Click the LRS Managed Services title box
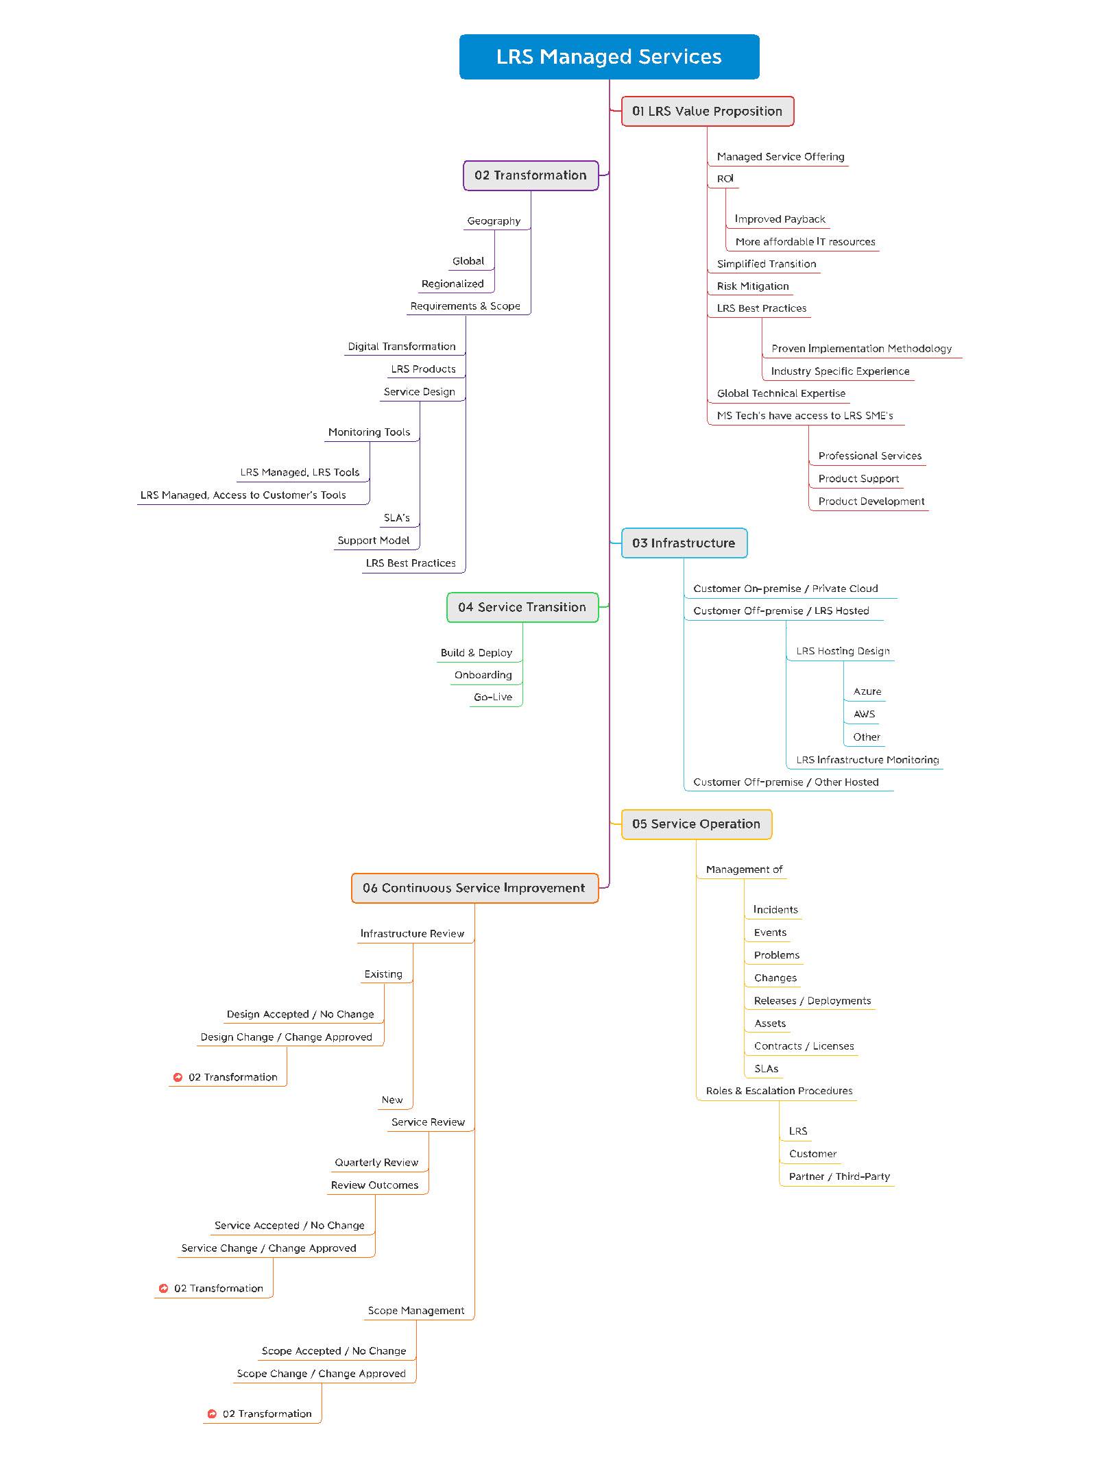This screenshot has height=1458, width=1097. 609,57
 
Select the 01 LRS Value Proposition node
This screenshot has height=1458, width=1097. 708,111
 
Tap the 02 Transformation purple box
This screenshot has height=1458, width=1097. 531,175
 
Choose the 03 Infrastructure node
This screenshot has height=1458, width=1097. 684,543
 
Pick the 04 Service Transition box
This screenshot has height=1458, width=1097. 522,607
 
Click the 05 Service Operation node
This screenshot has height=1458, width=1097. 697,824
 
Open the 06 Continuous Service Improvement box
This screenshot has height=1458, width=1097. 474,888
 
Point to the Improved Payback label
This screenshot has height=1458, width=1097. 780,219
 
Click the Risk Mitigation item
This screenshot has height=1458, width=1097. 753,286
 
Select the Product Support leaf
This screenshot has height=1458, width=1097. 858,479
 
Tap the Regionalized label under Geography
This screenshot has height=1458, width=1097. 453,284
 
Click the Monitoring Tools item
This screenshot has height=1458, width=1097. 369,432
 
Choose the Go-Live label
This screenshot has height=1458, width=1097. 493,697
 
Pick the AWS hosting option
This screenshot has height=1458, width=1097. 865,714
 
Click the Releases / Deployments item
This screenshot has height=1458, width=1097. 812,1001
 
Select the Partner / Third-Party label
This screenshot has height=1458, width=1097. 839,1177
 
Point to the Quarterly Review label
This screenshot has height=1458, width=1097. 376,1163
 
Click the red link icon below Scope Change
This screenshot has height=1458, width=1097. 212,1414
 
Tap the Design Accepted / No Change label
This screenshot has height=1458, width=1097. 300,1015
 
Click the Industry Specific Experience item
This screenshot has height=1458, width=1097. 840,371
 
